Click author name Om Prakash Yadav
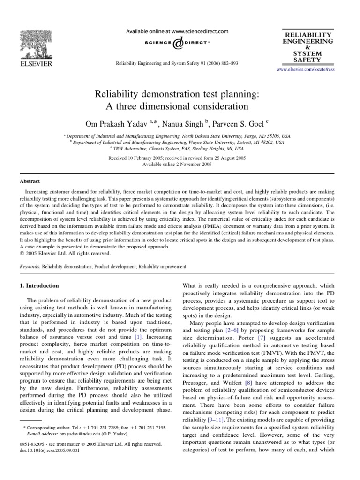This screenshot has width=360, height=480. (121, 111)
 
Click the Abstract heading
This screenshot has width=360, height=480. (30, 181)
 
